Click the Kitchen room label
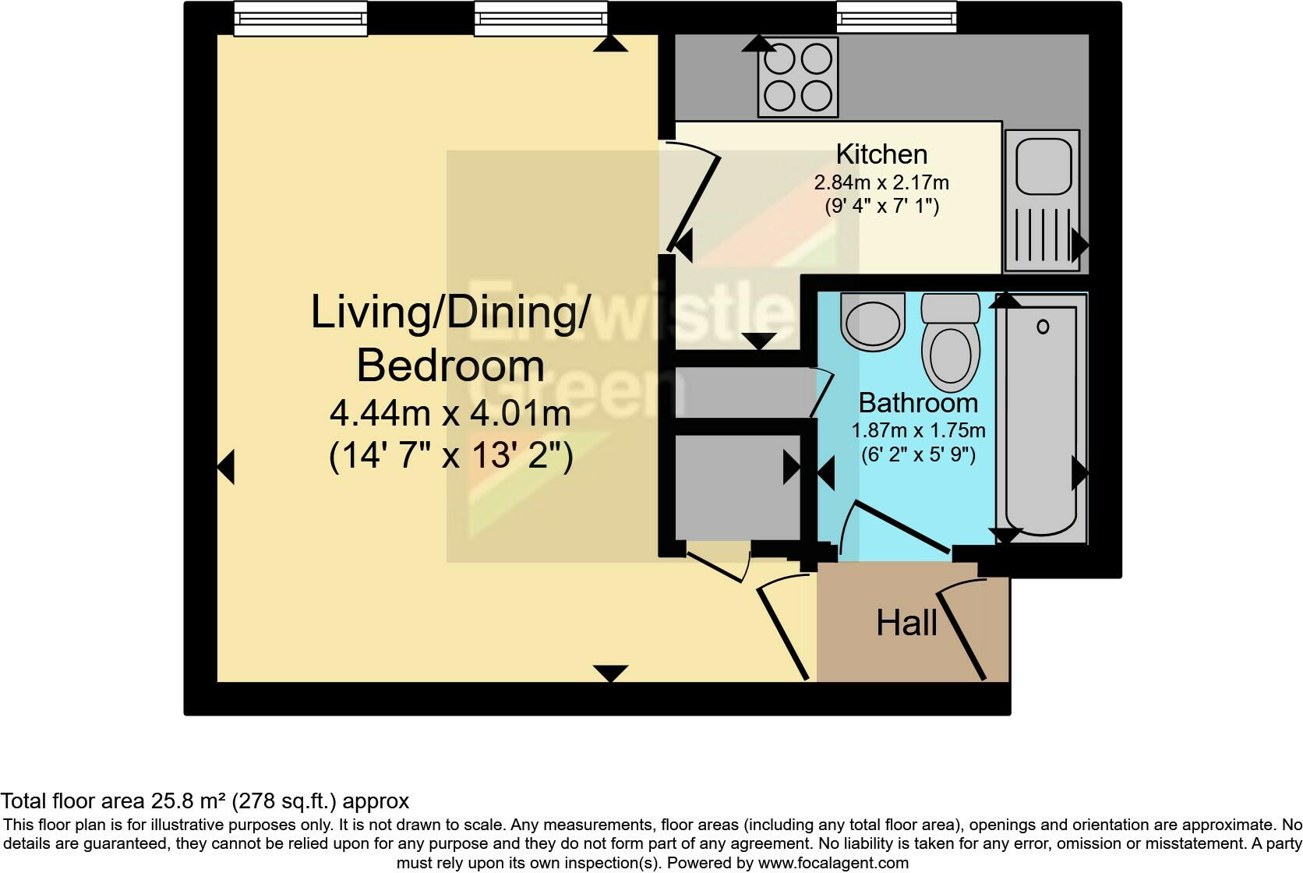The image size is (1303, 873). click(881, 155)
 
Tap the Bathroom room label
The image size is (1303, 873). click(919, 403)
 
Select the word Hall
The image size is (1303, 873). click(907, 624)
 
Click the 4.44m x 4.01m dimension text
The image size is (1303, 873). click(450, 414)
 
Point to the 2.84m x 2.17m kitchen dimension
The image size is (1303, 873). click(881, 182)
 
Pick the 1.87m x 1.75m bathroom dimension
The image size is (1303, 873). click(919, 431)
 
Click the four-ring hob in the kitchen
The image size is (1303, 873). click(797, 77)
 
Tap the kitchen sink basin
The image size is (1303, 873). click(1043, 167)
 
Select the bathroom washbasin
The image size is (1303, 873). click(873, 321)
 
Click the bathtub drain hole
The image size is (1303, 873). click(1043, 327)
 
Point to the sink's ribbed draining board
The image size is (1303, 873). click(1043, 235)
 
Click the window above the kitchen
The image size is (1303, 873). click(896, 17)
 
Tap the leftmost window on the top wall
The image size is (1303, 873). click(301, 19)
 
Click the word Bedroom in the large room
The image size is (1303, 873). click(450, 366)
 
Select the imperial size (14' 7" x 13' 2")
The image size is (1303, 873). click(450, 456)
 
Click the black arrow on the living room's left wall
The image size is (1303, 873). click(226, 467)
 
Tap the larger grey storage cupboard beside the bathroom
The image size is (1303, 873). click(737, 488)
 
